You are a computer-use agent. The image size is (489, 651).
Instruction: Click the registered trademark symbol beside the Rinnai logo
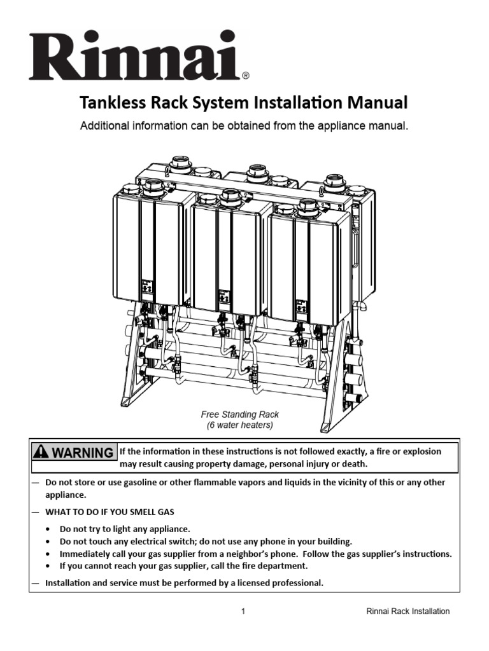246,75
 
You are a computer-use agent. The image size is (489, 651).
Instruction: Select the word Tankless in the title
107,102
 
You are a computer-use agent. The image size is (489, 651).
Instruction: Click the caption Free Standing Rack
240,415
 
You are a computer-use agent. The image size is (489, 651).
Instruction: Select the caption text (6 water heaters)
240,425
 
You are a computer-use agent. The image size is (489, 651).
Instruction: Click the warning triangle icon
42,453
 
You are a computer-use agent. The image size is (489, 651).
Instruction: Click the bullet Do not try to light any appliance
125,529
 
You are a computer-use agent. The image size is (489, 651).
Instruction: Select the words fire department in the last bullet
277,565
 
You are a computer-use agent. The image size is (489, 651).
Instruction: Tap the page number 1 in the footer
243,612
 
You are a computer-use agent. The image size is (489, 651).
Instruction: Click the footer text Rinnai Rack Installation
408,612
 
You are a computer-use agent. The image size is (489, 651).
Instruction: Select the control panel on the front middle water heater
223,296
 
